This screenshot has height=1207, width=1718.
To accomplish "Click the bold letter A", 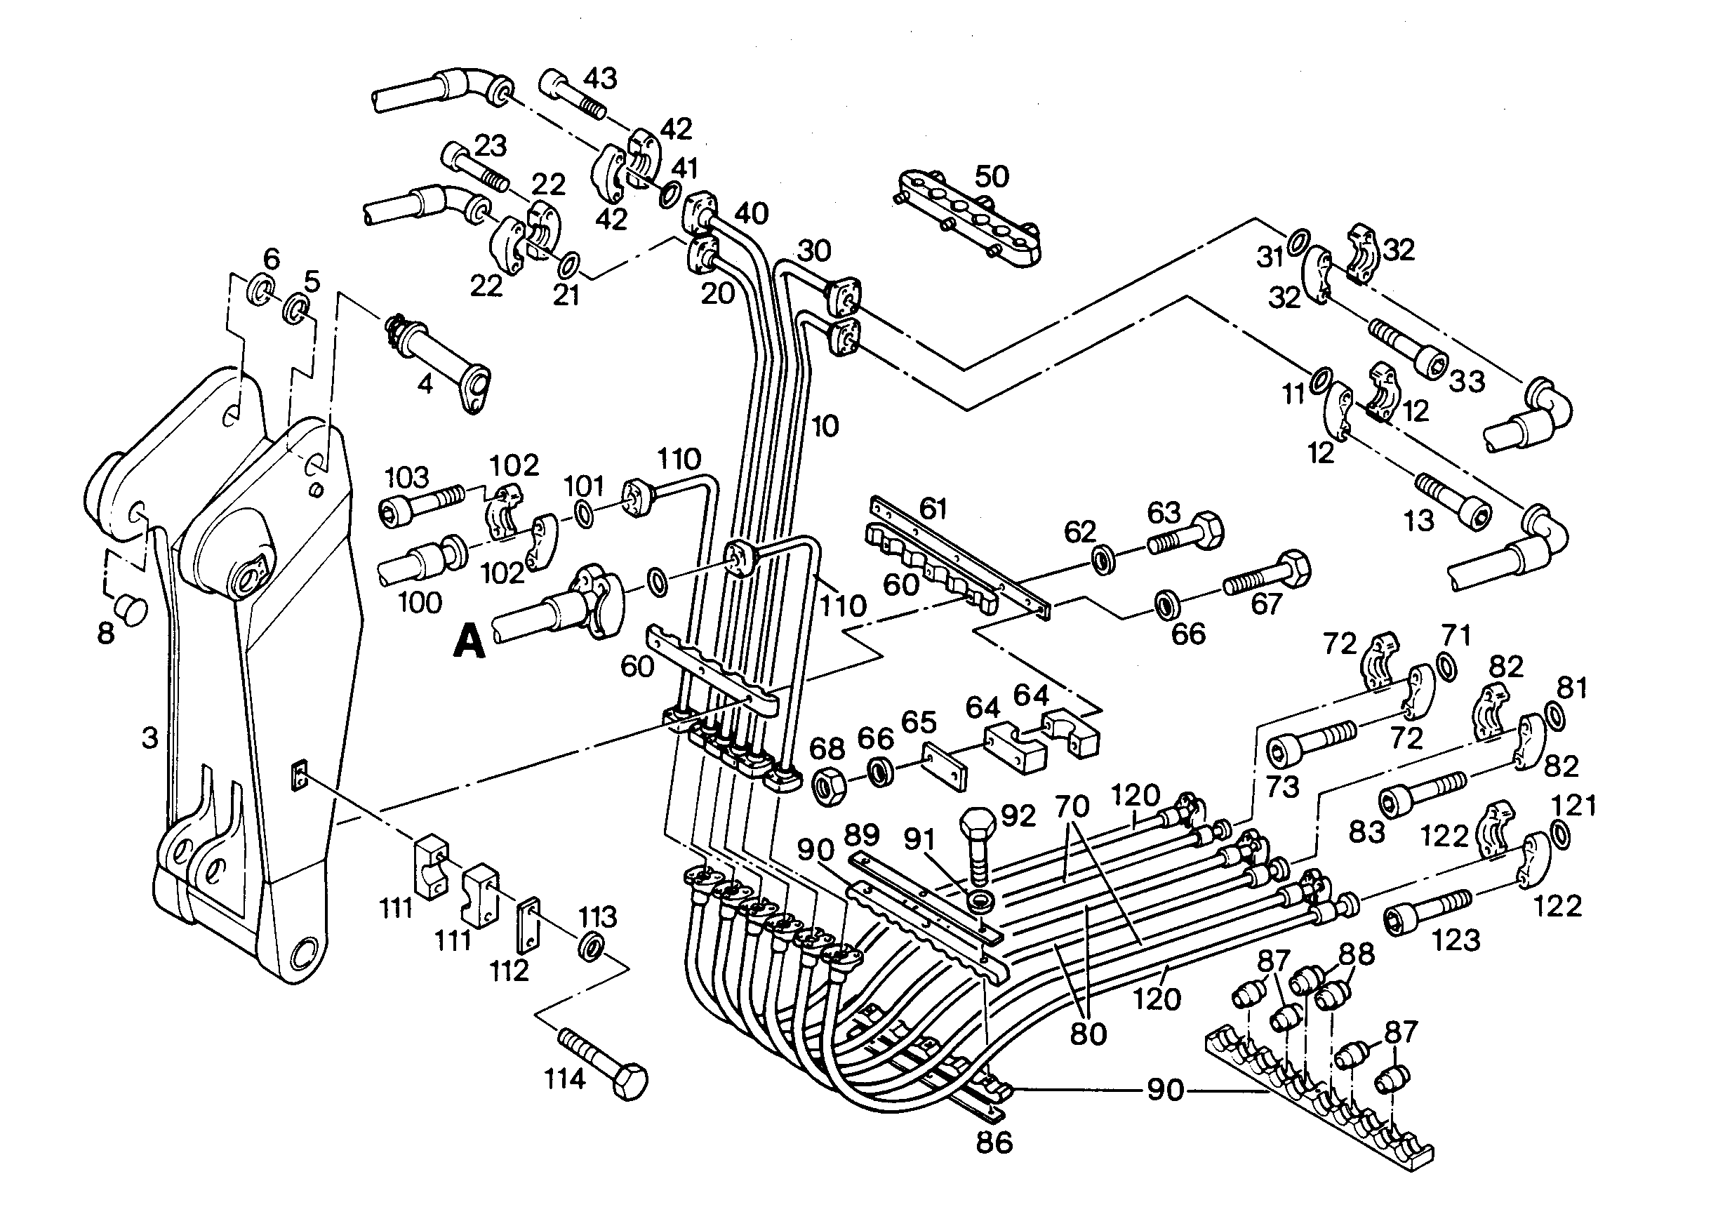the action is (470, 642).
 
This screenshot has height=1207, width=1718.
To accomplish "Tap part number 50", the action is (992, 177).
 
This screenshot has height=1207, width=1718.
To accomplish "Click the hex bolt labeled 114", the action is (603, 1063).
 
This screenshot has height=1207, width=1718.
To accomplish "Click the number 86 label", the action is (994, 1142).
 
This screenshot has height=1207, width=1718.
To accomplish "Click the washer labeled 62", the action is (1103, 560).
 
